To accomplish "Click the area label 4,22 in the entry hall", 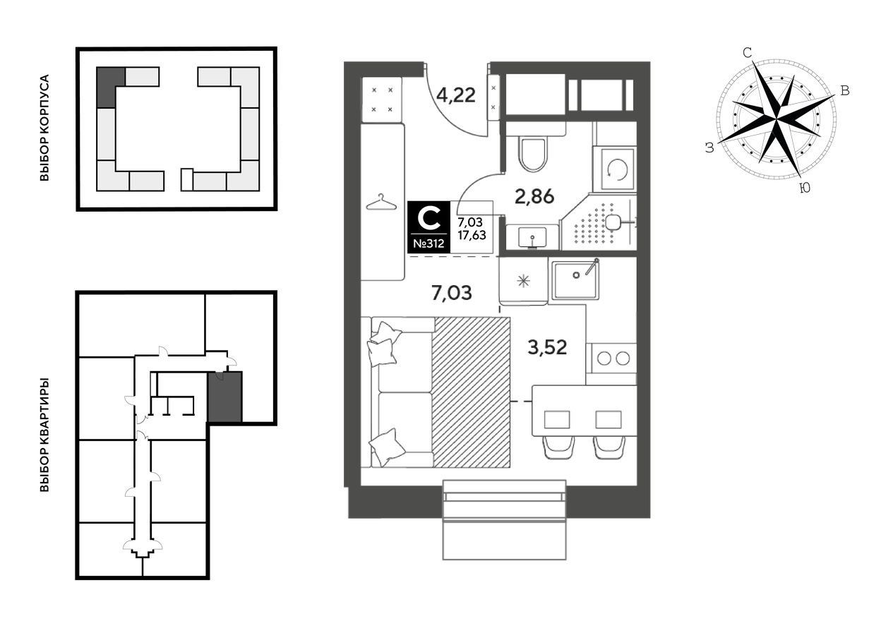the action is click(x=455, y=96).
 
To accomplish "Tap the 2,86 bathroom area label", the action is click(x=534, y=196).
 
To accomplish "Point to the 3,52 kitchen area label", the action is click(x=547, y=347).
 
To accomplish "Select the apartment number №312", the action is click(x=428, y=243).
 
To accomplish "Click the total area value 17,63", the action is click(x=472, y=235).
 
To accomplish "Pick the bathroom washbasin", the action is click(x=532, y=238).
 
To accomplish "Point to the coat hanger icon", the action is click(x=381, y=202).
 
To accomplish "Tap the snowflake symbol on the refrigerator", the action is click(x=523, y=282).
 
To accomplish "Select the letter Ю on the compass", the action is click(x=805, y=187).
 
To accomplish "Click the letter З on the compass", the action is click(x=709, y=148).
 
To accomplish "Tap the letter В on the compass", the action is click(x=845, y=91).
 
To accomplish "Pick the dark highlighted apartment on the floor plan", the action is click(x=224, y=397).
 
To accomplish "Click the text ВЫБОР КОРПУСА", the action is click(x=44, y=128).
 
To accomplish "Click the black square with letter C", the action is click(x=428, y=228).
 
